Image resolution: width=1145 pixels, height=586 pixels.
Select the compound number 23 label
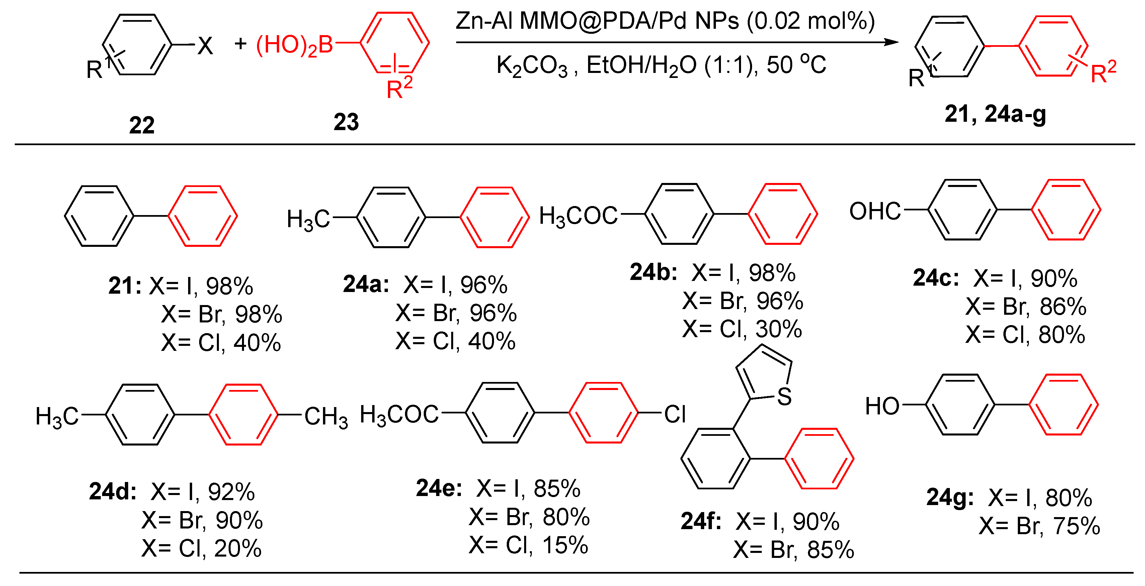point(346,122)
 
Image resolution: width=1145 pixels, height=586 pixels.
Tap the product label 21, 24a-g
point(995,114)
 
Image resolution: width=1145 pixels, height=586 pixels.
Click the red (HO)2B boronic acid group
point(294,45)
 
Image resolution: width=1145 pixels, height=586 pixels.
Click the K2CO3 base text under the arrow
point(531,66)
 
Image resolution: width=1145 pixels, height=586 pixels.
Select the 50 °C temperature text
point(796,65)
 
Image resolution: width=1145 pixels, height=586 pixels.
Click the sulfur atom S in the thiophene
point(785,396)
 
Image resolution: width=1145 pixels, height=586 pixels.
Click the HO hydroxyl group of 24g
point(882,406)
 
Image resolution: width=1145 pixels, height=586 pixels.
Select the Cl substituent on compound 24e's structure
point(675,414)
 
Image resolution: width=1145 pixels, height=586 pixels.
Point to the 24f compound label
point(701,521)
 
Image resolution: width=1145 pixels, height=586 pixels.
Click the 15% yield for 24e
point(565,545)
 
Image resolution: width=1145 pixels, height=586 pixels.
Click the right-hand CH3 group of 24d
point(326,417)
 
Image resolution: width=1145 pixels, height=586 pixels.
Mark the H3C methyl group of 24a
point(308,219)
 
